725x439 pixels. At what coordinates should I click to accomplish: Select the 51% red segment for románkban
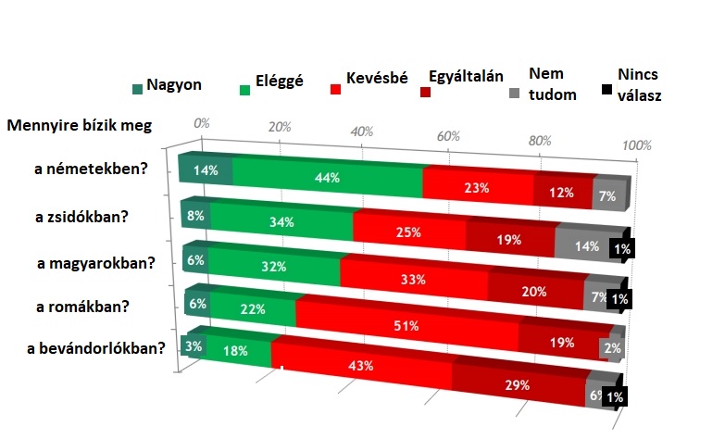(406, 325)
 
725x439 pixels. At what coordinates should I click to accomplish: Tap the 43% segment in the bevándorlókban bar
(361, 365)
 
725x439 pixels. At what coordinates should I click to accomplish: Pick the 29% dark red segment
(519, 384)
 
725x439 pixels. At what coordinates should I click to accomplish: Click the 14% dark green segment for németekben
(205, 170)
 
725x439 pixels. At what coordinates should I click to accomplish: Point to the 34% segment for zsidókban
(281, 221)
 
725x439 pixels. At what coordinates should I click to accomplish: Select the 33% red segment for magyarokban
(413, 279)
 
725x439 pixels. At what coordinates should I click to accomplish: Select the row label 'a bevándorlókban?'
(96, 348)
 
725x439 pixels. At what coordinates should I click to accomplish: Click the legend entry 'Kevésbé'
(377, 79)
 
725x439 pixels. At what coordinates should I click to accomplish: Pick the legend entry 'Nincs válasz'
(640, 84)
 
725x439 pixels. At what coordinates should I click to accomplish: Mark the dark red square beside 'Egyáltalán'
(426, 92)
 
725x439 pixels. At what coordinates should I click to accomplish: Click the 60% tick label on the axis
(449, 136)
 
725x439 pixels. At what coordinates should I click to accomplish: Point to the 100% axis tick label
(637, 145)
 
